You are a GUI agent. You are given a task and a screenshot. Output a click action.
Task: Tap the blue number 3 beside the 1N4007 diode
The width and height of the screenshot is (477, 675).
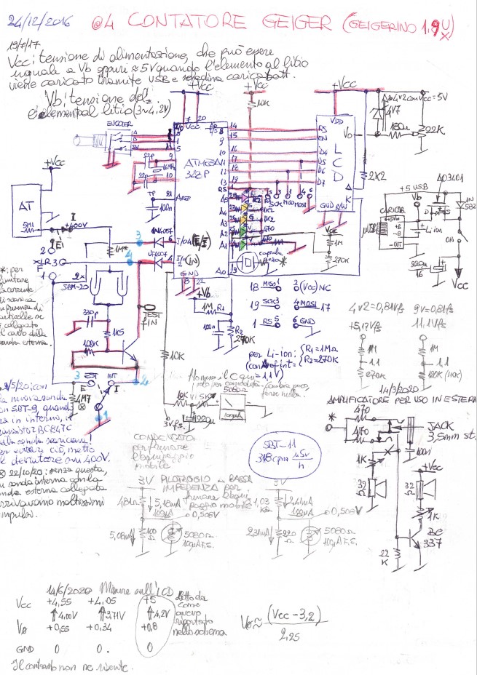coord(139,233)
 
